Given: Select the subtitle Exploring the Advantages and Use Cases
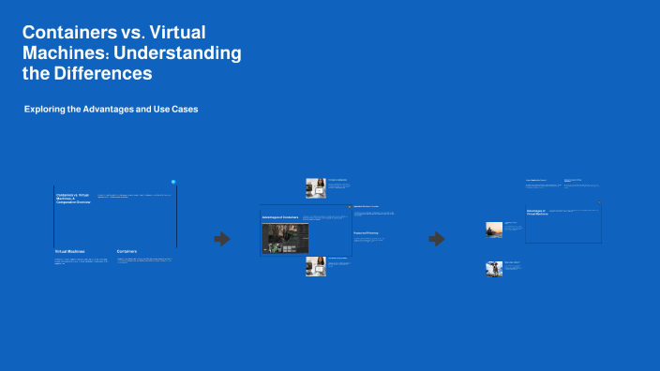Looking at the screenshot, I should point(111,110).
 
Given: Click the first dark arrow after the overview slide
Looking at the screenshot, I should point(222,239).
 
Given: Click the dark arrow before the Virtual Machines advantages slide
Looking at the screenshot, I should point(437,239).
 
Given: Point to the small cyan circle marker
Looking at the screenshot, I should point(173,182).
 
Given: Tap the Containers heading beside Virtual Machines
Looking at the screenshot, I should point(133,252).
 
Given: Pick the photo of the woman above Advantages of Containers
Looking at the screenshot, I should point(315,187).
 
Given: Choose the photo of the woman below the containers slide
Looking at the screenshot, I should point(315,266).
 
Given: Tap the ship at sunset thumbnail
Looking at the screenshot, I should point(494,230).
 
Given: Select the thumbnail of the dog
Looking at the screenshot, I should point(494,268).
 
